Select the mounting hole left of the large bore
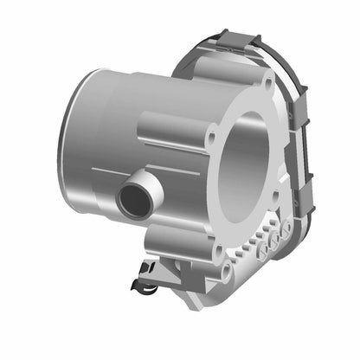click(209, 135)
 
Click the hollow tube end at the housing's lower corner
click(227, 272)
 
